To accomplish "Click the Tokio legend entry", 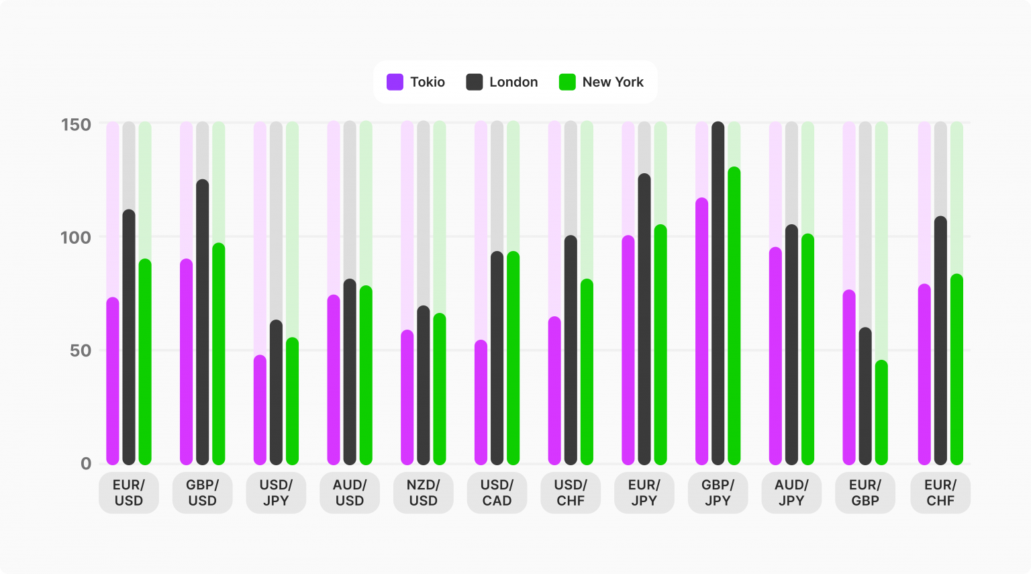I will (416, 82).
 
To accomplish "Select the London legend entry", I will (503, 82).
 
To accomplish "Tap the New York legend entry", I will (601, 82).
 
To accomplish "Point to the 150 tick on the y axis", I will (76, 124).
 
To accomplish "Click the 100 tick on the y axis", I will (76, 237).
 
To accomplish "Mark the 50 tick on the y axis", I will (80, 350).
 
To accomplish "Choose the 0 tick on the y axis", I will (86, 463).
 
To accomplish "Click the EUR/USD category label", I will (129, 493).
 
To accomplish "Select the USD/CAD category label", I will (497, 493).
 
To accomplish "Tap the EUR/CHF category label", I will (940, 493).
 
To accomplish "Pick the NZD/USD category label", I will (423, 493).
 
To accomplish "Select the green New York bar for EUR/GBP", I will (881, 412).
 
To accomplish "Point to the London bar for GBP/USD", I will (203, 322).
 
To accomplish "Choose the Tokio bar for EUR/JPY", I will (628, 350).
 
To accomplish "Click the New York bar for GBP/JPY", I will (734, 316).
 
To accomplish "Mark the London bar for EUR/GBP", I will (865, 396).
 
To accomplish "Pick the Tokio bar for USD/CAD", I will (481, 402).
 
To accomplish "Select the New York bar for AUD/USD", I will (366, 375).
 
